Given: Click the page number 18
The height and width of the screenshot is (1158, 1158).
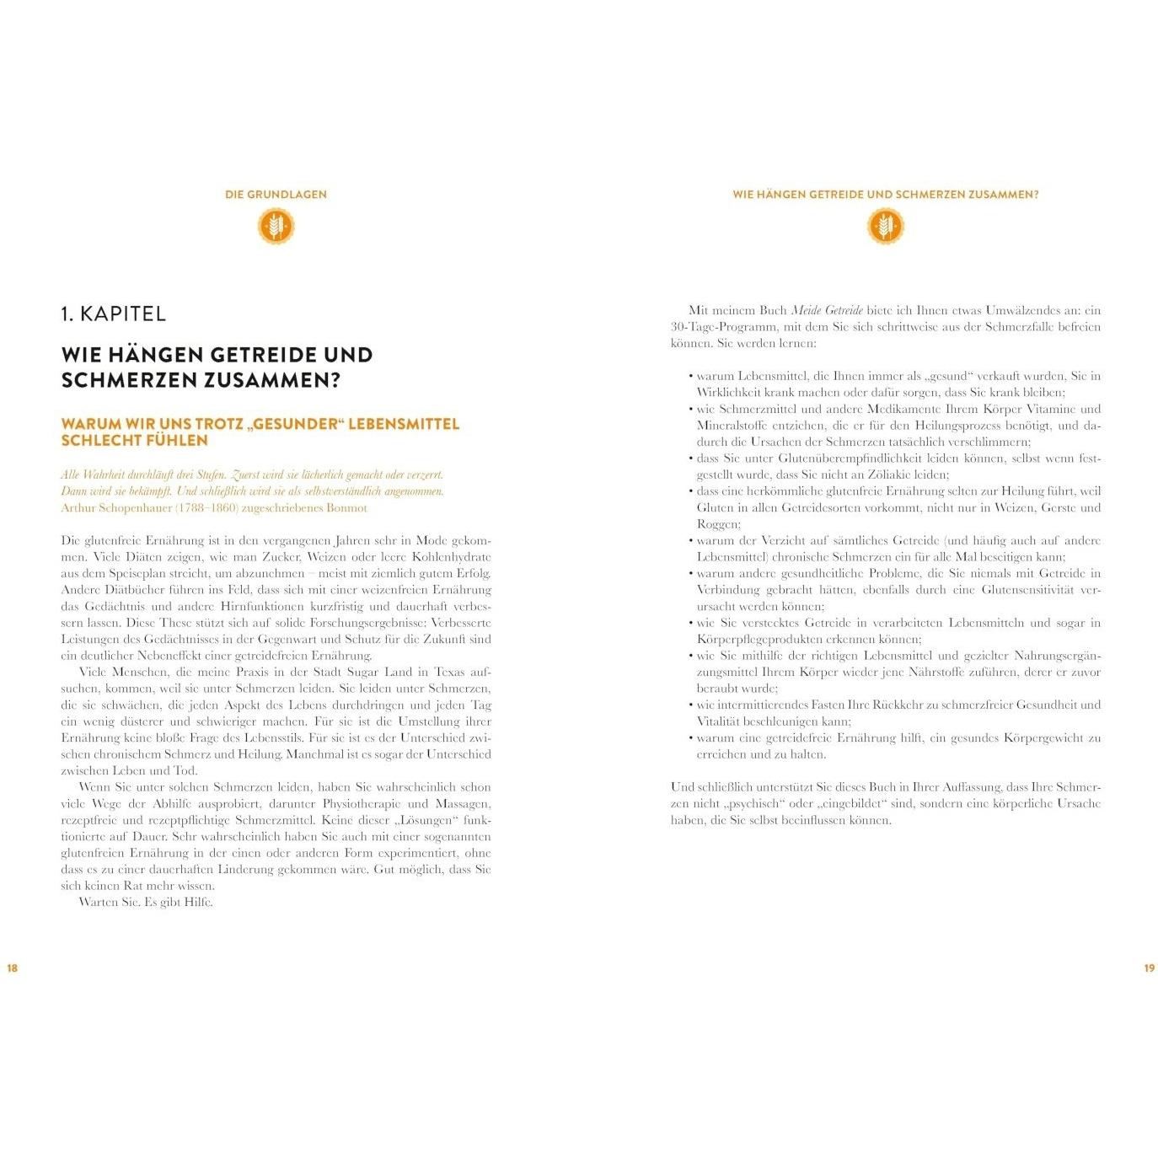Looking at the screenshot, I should pyautogui.click(x=13, y=968).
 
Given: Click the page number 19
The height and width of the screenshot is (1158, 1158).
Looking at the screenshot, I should pyautogui.click(x=1149, y=968).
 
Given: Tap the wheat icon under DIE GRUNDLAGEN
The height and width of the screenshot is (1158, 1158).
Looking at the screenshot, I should pyautogui.click(x=276, y=226).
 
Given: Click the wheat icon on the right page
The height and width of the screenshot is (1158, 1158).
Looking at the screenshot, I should pyautogui.click(x=885, y=226).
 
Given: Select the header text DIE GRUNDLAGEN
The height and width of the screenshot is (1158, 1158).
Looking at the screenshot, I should pyautogui.click(x=276, y=194).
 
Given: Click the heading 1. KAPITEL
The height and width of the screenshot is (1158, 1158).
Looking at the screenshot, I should pyautogui.click(x=114, y=314).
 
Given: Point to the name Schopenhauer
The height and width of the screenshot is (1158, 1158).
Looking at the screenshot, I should pyautogui.click(x=137, y=507).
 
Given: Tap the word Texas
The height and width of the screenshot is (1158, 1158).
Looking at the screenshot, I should pyautogui.click(x=449, y=672).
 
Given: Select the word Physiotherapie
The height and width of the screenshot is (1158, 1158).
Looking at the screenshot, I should pyautogui.click(x=362, y=803).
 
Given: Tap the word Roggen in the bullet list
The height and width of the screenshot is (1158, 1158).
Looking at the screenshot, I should pyautogui.click(x=717, y=523).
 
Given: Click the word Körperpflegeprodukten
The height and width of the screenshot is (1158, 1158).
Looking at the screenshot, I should pyautogui.click(x=759, y=639).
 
